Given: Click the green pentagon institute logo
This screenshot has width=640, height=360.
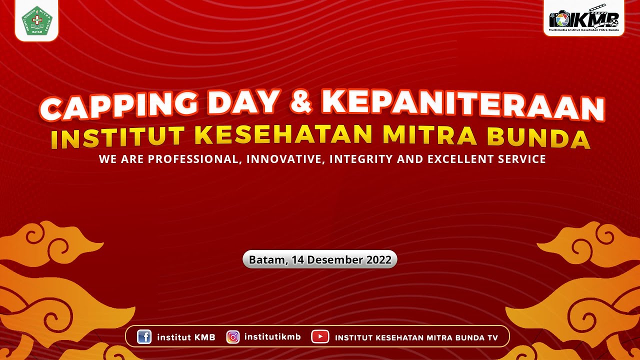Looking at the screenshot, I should [37, 20].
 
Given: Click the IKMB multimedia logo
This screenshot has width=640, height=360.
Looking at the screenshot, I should [584, 20].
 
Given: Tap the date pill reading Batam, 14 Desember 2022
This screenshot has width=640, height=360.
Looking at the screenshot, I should [320, 260].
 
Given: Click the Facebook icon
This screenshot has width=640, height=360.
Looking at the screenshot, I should [144, 337].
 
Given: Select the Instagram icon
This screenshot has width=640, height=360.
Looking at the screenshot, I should [233, 337].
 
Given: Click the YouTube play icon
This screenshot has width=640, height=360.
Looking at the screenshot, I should [320, 337].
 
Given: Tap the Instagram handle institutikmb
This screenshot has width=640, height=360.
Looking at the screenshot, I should [272, 337].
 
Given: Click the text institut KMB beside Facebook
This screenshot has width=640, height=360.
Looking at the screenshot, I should [186, 337].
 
